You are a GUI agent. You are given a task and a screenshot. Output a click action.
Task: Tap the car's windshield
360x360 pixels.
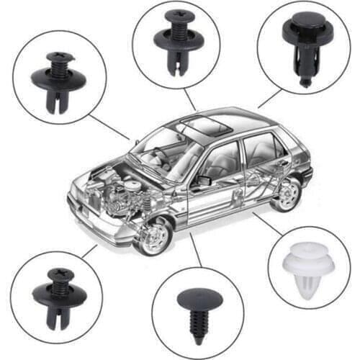[161, 152]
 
